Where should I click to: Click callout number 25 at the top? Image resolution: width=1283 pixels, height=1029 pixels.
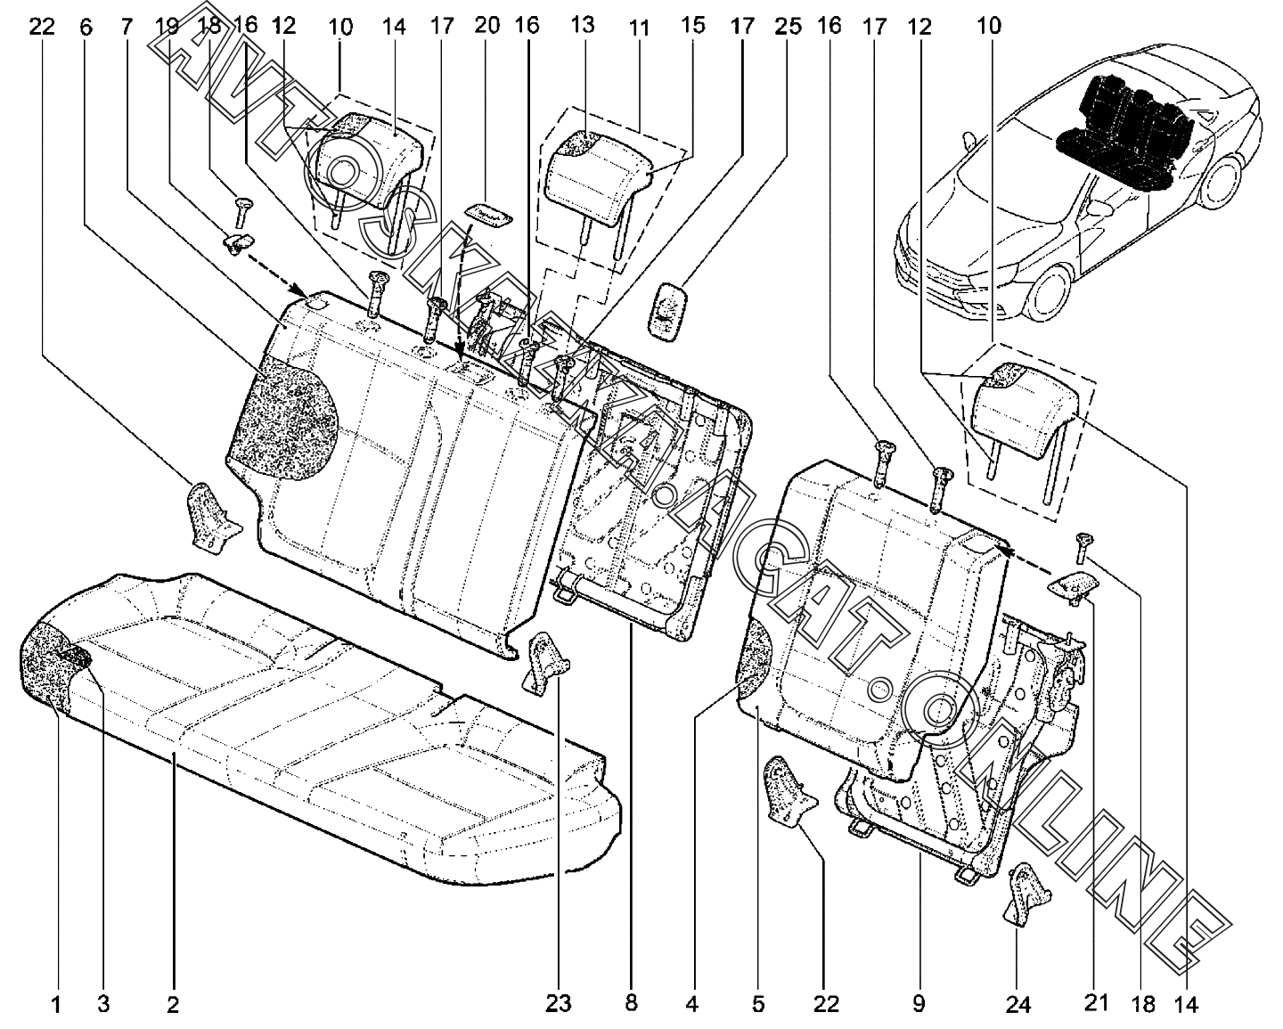[788, 26]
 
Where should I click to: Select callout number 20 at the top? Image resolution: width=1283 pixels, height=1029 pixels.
[487, 25]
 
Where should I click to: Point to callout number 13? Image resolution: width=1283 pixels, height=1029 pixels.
[582, 25]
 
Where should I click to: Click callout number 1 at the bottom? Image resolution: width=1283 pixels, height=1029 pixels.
[55, 1005]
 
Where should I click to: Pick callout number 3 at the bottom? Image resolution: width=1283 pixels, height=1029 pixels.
[103, 1005]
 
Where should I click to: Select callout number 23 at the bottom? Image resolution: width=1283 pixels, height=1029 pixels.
[558, 1004]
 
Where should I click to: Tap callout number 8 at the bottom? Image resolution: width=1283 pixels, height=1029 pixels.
[631, 1004]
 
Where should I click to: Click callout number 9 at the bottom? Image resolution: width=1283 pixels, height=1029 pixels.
[919, 1004]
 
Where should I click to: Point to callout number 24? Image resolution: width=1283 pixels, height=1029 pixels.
[1017, 1005]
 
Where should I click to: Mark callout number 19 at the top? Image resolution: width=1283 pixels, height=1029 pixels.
[167, 26]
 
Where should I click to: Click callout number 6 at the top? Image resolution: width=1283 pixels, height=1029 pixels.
[86, 26]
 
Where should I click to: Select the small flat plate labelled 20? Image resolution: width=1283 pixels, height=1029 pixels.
[488, 213]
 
